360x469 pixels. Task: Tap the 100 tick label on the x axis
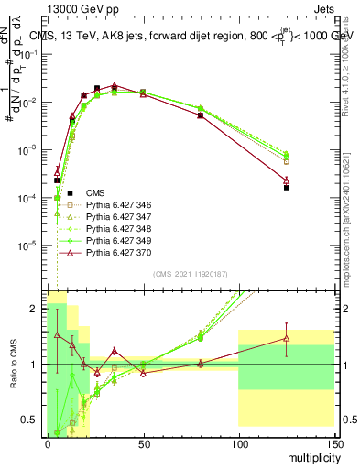tap(238, 442)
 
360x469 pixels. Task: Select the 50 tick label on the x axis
tap(143, 442)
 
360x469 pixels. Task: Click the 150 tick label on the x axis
tap(333, 442)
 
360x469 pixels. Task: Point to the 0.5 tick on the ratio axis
tap(33, 420)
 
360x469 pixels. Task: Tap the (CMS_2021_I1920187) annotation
tap(190, 275)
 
